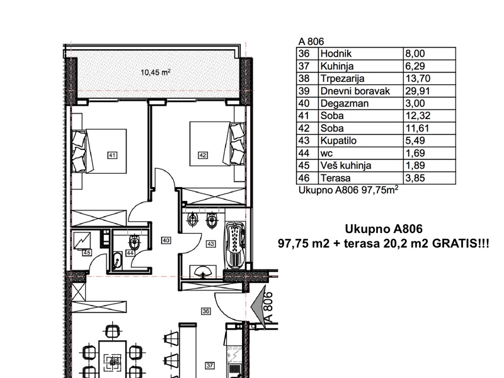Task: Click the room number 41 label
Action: (x=112, y=156)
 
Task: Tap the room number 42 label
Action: (x=203, y=156)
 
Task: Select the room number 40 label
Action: (x=166, y=241)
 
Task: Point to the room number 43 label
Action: (x=210, y=244)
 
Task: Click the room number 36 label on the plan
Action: (x=206, y=311)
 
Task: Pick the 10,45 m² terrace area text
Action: (x=155, y=72)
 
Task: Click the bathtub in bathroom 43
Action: (x=235, y=246)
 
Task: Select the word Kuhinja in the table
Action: (x=337, y=66)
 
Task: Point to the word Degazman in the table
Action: (x=340, y=103)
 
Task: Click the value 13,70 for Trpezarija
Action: (x=418, y=78)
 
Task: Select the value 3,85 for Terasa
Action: (x=415, y=178)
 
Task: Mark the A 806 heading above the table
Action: (x=311, y=42)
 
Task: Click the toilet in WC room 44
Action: (x=134, y=241)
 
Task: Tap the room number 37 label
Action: (x=210, y=365)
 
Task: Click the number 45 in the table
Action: (x=304, y=166)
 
